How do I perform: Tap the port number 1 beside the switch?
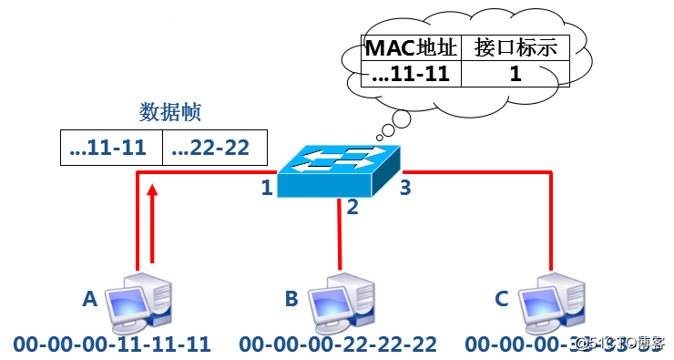coord(267,189)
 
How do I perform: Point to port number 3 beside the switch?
coord(407,189)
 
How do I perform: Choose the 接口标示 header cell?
coord(516,47)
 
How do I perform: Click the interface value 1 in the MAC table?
coord(516,73)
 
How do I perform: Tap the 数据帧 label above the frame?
coord(169,112)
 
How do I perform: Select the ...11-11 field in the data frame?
coord(110,148)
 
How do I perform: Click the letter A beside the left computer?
coord(88,298)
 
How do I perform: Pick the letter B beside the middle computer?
coord(291,298)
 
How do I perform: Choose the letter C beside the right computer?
coord(501,298)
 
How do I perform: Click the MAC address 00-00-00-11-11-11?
coord(112,345)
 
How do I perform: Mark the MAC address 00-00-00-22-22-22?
coord(338,345)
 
